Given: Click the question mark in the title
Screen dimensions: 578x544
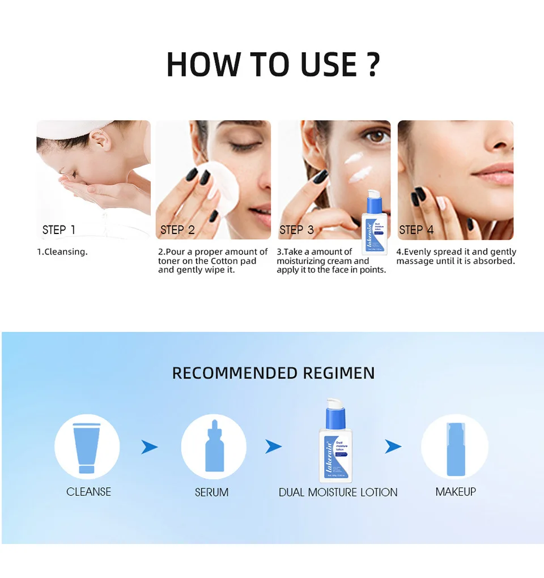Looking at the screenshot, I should tap(372, 65).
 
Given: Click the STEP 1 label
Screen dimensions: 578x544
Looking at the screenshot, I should tap(58, 229).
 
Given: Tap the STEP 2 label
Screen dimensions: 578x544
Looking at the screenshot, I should tap(177, 229).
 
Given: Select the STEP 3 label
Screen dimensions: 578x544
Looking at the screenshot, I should tap(296, 229).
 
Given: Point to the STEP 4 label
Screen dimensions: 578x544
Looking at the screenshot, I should tap(416, 229).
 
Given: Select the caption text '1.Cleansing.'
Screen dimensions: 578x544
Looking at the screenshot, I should tap(62, 252).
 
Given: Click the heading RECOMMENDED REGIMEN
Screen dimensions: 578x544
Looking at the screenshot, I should tap(273, 373).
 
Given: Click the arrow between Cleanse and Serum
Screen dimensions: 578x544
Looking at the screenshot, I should tap(149, 447).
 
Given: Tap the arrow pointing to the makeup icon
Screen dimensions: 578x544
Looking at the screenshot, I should tap(393, 447).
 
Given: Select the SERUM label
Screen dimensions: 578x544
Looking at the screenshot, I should tap(211, 492).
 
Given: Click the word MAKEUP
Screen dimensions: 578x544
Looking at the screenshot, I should tap(456, 492).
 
